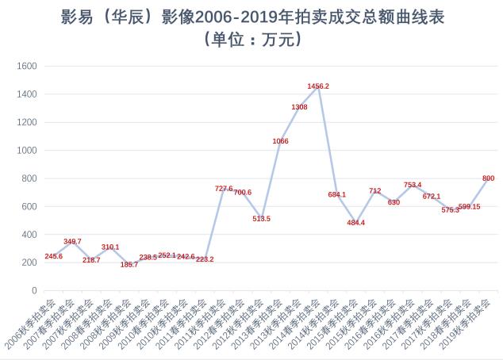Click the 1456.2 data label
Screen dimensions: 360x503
pos(318,86)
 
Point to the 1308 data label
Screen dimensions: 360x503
pos(299,106)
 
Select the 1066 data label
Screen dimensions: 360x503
pos(280,140)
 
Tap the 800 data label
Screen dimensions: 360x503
pos(488,178)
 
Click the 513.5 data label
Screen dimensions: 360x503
pos(262,218)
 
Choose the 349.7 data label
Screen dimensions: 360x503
pos(72,241)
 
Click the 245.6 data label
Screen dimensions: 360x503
pos(53,256)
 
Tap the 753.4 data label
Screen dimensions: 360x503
pos(413,185)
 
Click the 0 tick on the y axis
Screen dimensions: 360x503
pos(33,290)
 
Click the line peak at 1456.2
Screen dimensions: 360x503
pos(318,86)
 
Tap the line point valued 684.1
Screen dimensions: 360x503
pos(337,194)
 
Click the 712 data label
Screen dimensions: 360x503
pos(375,191)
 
